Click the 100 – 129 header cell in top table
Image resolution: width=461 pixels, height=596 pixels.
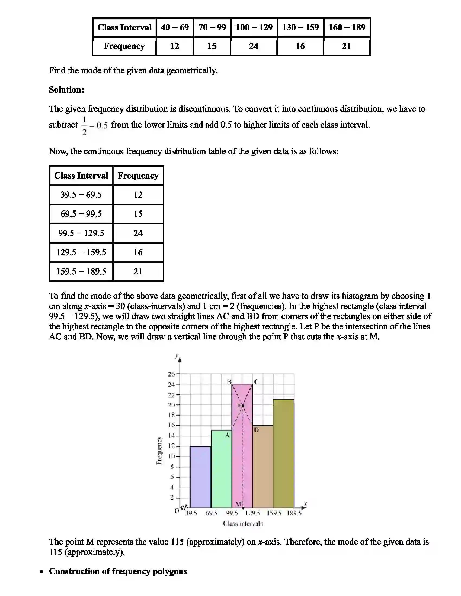coord(254,27)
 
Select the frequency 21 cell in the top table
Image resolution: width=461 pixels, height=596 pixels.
coord(346,46)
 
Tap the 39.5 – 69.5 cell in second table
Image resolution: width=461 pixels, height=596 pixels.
coord(81,195)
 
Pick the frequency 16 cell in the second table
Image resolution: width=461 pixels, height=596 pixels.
coord(138,252)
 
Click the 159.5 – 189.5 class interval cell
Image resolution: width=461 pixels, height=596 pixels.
coord(81,271)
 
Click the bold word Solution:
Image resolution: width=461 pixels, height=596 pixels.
coord(66,89)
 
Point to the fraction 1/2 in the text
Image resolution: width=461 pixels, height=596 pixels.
coord(84,125)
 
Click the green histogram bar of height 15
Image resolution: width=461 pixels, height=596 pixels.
coord(221,469)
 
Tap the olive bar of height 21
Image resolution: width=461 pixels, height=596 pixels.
coord(283,453)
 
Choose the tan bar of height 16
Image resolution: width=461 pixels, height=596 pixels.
coord(262,467)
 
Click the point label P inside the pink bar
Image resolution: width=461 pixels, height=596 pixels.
coord(239,406)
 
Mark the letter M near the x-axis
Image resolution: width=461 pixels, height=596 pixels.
coord(238,504)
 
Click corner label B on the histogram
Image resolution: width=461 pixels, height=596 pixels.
coord(229,382)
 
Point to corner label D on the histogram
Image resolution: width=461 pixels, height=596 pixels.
coord(257,430)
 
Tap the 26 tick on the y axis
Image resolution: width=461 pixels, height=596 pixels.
coord(171,374)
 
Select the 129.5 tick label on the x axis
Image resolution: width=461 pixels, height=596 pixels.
coord(253,513)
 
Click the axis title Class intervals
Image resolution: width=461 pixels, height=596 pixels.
coord(243,523)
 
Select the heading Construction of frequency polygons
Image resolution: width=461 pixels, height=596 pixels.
coord(118,571)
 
